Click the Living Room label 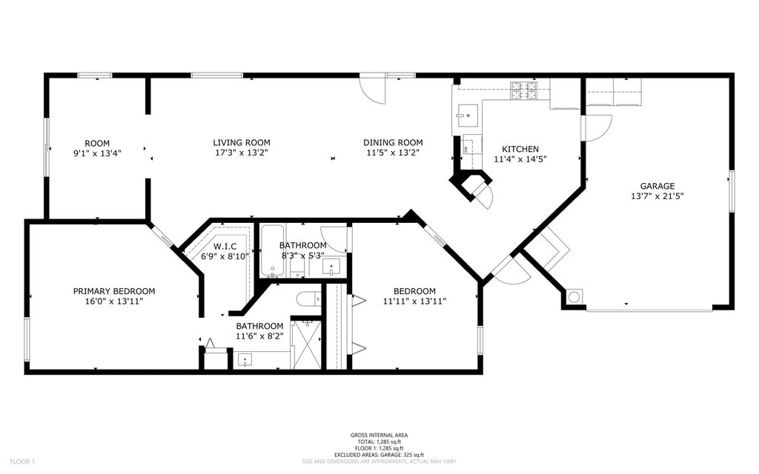pyautogui.click(x=242, y=143)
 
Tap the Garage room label pyautogui.click(x=657, y=186)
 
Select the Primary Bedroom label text pyautogui.click(x=114, y=291)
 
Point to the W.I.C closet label pyautogui.click(x=225, y=246)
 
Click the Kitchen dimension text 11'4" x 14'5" pyautogui.click(x=520, y=159)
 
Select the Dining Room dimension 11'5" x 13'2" pyautogui.click(x=393, y=153)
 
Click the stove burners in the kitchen pyautogui.click(x=524, y=91)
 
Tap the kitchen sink pyautogui.click(x=467, y=116)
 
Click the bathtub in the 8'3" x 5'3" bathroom pyautogui.click(x=274, y=251)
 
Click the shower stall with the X pyautogui.click(x=308, y=344)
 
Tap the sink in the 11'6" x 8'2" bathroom pyautogui.click(x=245, y=360)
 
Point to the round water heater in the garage pyautogui.click(x=574, y=296)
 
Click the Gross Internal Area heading pyautogui.click(x=379, y=435)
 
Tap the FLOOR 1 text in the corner pyautogui.click(x=22, y=461)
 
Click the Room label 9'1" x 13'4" pyautogui.click(x=97, y=148)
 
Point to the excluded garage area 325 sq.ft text pyautogui.click(x=379, y=455)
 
